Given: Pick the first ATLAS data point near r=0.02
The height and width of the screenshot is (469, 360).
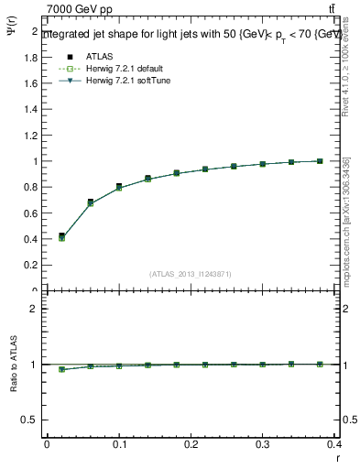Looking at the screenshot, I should [x=61, y=236].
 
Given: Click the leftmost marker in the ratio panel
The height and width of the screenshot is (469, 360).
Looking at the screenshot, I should [x=61, y=369].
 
